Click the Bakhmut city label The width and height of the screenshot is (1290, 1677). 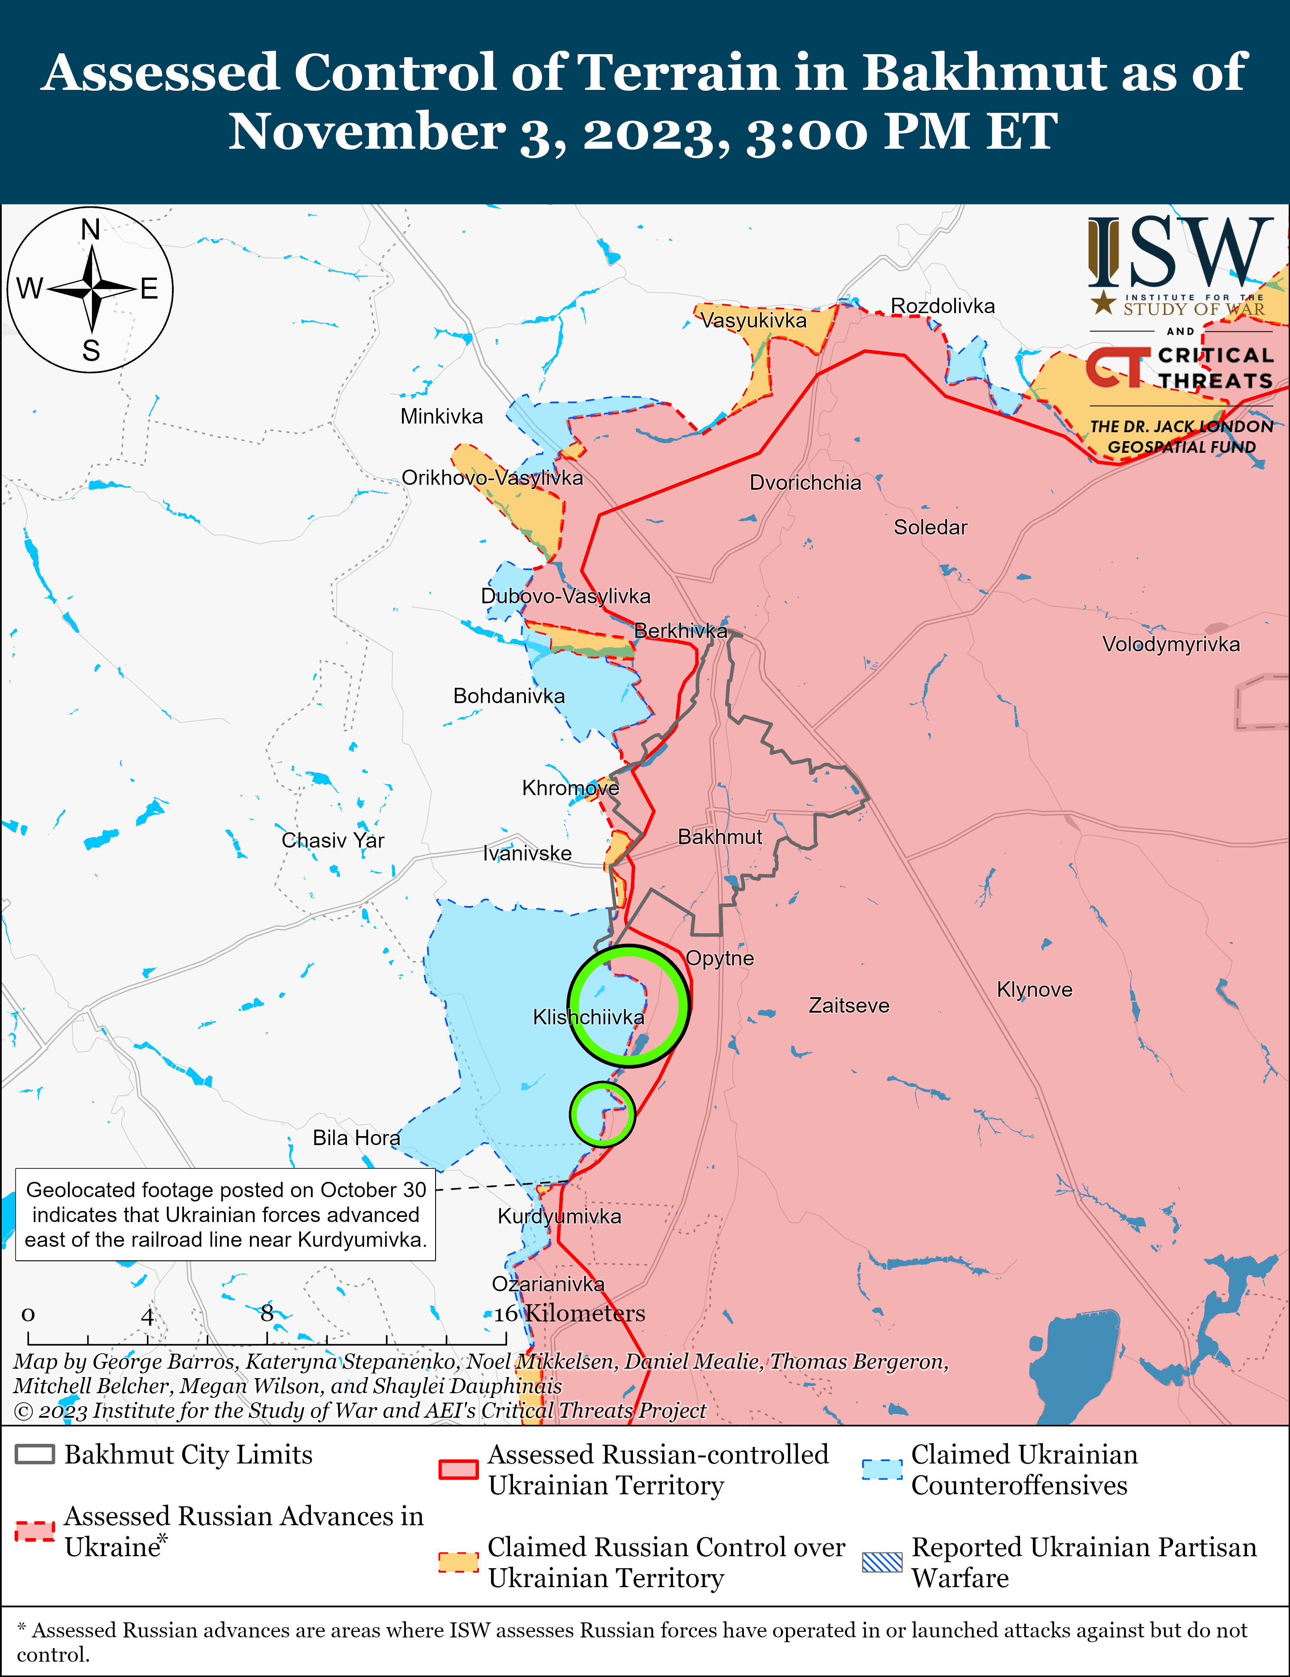(x=719, y=837)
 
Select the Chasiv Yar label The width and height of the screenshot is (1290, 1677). (x=332, y=840)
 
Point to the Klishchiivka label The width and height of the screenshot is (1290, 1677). (x=588, y=1017)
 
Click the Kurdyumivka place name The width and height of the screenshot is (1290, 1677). (x=559, y=1216)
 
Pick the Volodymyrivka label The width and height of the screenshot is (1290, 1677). (x=1170, y=644)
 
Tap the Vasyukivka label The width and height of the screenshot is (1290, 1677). (x=753, y=320)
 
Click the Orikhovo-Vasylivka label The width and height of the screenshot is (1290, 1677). (x=492, y=478)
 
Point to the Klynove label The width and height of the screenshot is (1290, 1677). (x=1034, y=990)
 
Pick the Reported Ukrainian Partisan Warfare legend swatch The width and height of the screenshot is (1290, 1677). (x=881, y=1562)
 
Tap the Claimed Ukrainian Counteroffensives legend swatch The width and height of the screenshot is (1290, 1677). (x=881, y=1469)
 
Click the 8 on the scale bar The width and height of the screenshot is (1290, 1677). (x=267, y=1313)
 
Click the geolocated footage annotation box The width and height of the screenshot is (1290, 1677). (x=226, y=1215)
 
